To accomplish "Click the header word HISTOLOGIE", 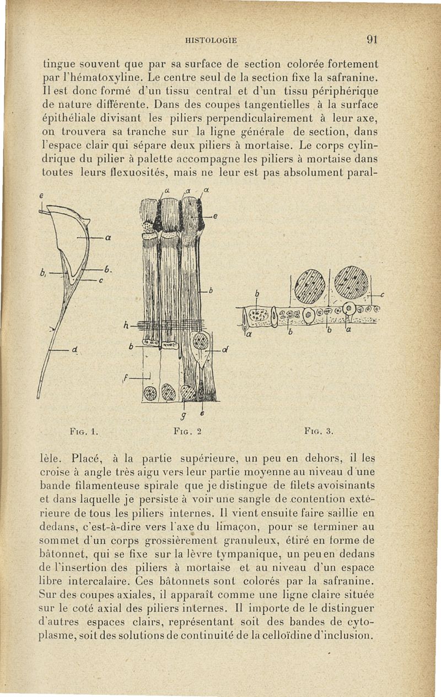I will [x=212, y=40].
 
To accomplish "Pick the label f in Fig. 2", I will [x=127, y=378].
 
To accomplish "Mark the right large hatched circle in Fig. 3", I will [x=351, y=282].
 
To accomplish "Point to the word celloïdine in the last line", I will [x=300, y=635].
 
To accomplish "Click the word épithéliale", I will [x=71, y=117].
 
